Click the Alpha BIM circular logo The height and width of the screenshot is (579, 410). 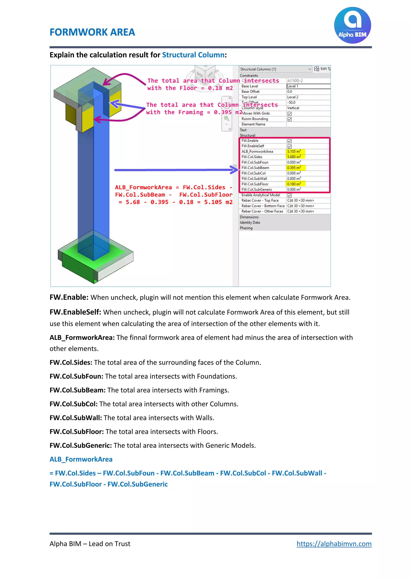point(352,25)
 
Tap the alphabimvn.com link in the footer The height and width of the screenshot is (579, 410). point(334,543)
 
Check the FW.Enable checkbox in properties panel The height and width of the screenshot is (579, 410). point(289,141)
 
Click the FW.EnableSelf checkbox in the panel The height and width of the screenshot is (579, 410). point(289,146)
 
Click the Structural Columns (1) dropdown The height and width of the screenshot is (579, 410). point(275,69)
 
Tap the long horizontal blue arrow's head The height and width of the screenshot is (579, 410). point(235,170)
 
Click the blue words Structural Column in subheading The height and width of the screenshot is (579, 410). point(193,55)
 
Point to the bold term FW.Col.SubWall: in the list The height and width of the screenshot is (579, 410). point(76,418)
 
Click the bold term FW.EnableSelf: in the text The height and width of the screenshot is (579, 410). point(75,312)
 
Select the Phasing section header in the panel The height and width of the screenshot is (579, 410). point(246,228)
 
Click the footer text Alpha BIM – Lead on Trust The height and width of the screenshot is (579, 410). point(90,543)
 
